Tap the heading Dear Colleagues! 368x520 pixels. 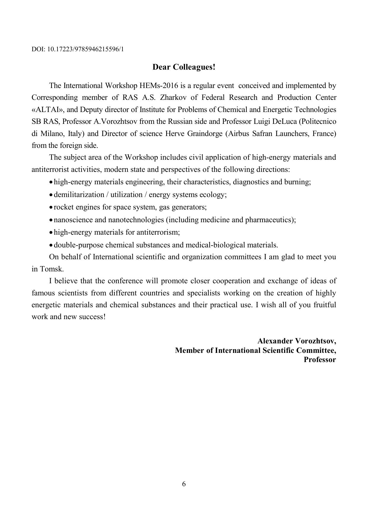coord(184,67)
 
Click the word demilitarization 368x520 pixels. coord(79,195)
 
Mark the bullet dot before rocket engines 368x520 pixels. coord(51,207)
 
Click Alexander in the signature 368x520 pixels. coord(275,341)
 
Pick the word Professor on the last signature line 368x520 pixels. coord(320,360)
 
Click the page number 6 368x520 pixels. coord(184,484)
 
